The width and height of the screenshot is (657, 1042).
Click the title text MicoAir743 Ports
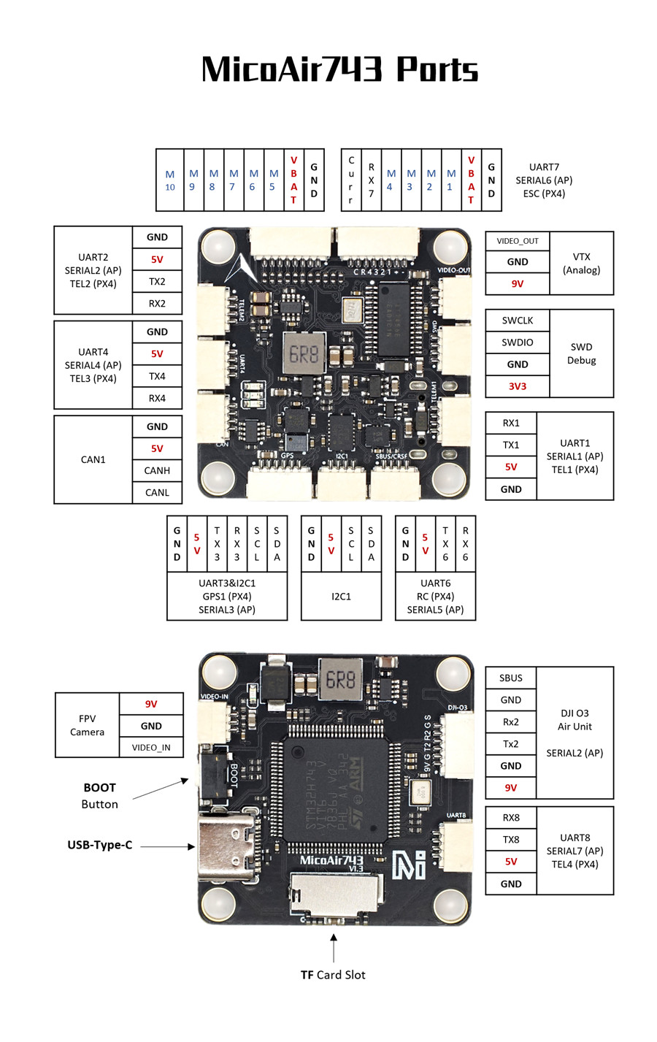339,69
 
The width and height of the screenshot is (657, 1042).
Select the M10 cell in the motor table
170,180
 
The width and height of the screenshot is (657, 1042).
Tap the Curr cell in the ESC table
351,180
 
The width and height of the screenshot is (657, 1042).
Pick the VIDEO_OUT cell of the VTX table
518,241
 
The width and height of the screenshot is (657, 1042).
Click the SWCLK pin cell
518,321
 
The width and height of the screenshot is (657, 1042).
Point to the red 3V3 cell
518,386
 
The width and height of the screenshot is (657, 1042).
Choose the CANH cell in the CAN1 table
157,471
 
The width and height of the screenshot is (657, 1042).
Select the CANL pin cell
157,493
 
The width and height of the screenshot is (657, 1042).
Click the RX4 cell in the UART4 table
157,399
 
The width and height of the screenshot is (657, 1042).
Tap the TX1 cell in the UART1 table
511,445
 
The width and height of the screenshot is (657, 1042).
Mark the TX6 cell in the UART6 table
445,544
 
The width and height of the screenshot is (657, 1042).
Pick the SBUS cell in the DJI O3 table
511,678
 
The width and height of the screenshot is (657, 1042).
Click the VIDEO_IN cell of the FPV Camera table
151,748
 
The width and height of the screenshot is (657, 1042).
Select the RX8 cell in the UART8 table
511,818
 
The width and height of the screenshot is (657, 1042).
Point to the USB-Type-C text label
100,845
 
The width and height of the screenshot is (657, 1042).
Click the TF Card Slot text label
333,975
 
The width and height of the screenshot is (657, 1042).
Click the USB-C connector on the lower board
226,846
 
